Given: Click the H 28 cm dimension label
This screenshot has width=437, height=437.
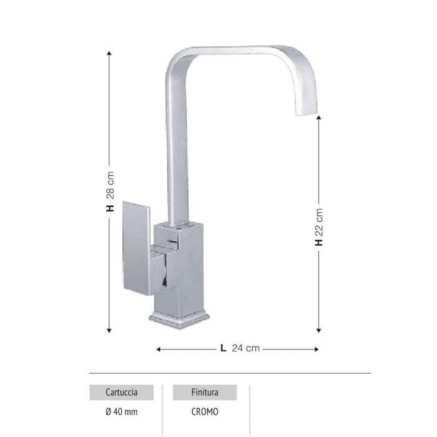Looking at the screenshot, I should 110,192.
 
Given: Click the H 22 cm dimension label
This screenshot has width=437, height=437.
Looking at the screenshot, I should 319,227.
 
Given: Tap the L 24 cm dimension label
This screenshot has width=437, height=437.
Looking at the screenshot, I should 240,349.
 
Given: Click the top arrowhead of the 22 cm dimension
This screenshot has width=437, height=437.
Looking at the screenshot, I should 319,119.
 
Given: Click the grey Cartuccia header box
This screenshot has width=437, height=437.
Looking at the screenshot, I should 122,393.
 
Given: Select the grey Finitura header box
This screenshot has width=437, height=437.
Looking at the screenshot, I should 205,393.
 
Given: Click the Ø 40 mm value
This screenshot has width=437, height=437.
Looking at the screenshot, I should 121,411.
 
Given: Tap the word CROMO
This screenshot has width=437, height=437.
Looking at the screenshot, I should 205,411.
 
